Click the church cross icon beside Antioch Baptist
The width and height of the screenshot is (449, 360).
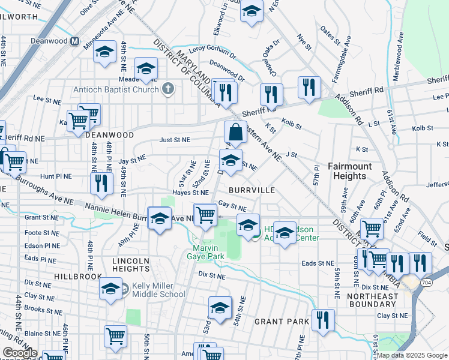pos(168,90)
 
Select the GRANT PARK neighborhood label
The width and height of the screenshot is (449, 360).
pos(282,322)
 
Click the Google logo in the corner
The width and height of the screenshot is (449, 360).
pos(20,353)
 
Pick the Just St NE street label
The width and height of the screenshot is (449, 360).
pos(175,140)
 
